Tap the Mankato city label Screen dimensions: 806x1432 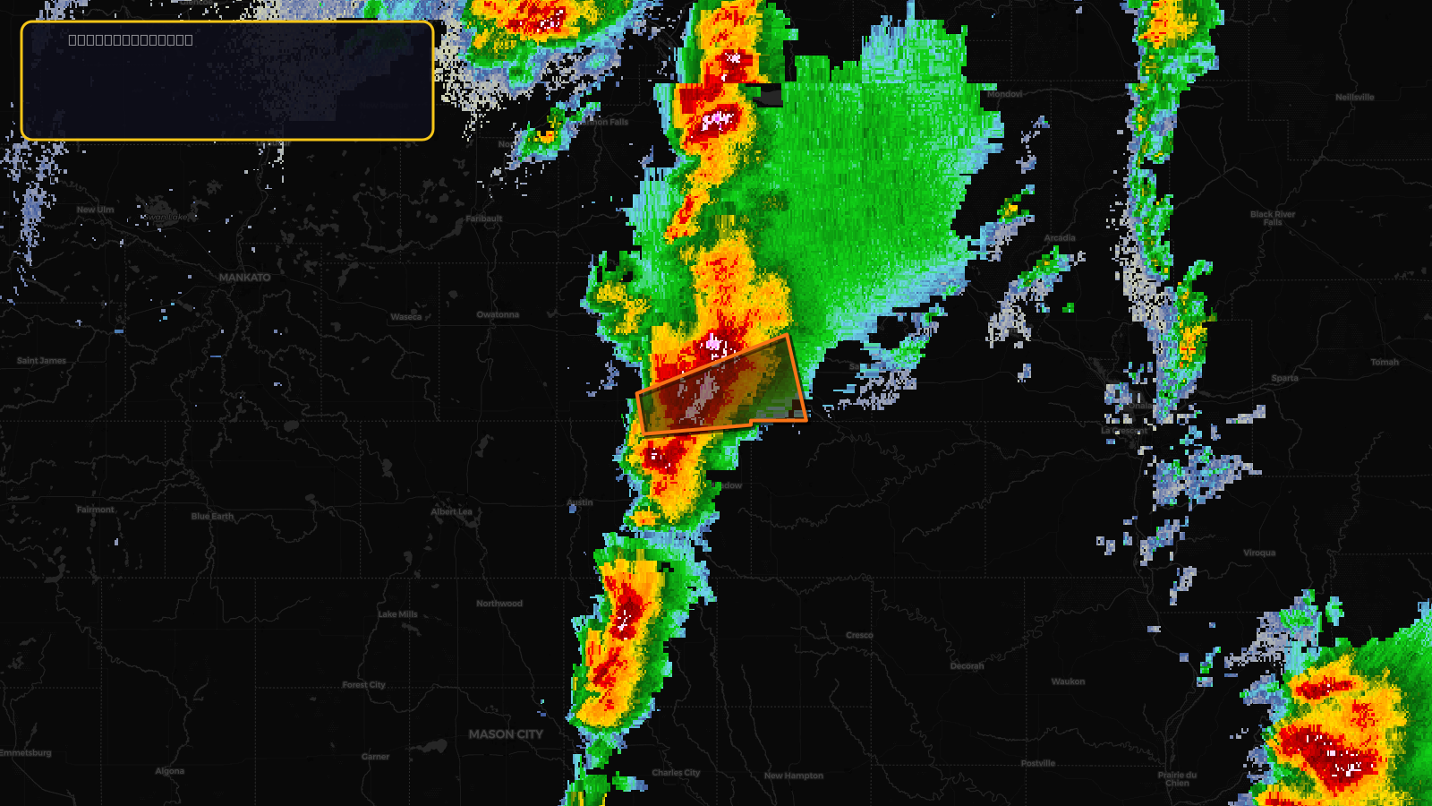click(244, 278)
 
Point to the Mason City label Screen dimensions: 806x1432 click(506, 734)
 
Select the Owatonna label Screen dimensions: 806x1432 click(498, 314)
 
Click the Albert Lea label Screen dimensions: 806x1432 click(452, 511)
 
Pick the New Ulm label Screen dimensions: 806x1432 click(95, 210)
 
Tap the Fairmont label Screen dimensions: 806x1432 click(95, 510)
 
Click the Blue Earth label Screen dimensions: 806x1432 click(212, 516)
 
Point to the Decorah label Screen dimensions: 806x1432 click(967, 665)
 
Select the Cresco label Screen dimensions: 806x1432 click(859, 635)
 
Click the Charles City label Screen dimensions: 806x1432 click(676, 772)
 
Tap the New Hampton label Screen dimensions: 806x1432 click(794, 776)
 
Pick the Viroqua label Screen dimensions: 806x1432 click(1259, 553)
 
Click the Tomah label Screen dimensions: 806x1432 click(1385, 362)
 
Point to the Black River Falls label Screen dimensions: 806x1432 click(1273, 218)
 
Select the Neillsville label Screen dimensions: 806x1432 click(1354, 97)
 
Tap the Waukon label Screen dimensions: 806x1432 click(1068, 682)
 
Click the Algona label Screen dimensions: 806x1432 click(169, 770)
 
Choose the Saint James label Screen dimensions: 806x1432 click(41, 361)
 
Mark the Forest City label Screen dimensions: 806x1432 click(363, 685)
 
